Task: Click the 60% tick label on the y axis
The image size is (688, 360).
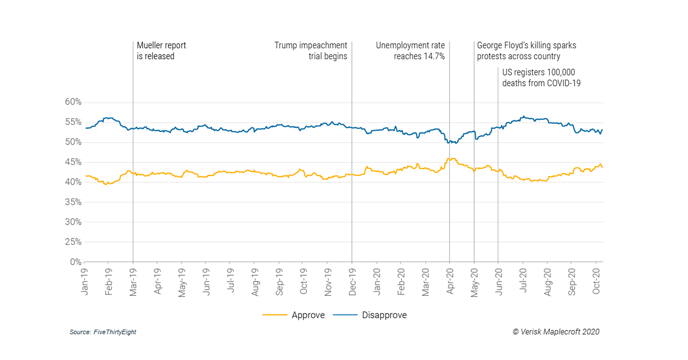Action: (73, 102)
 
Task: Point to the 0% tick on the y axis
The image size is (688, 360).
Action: (75, 262)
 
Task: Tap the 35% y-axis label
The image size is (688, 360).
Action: (73, 202)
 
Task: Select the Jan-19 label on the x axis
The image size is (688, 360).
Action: (85, 281)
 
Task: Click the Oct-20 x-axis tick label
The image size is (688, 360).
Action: (596, 281)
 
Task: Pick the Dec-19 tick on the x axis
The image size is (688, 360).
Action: (352, 281)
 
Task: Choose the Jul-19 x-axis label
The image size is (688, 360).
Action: (230, 281)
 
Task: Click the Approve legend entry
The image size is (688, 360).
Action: (294, 315)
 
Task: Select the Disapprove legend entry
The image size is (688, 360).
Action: (376, 315)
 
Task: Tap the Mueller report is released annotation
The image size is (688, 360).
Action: (161, 51)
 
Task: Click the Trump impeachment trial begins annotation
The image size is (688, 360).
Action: (311, 51)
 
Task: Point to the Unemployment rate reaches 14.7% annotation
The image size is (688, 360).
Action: (410, 51)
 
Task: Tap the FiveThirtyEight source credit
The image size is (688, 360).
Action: (103, 332)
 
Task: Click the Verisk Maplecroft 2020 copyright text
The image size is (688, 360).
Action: (556, 331)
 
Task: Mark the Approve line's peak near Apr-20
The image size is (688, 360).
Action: (453, 158)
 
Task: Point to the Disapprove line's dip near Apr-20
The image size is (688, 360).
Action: (451, 142)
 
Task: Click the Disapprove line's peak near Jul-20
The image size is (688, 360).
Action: (523, 116)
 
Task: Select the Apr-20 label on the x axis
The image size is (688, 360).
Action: (449, 281)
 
